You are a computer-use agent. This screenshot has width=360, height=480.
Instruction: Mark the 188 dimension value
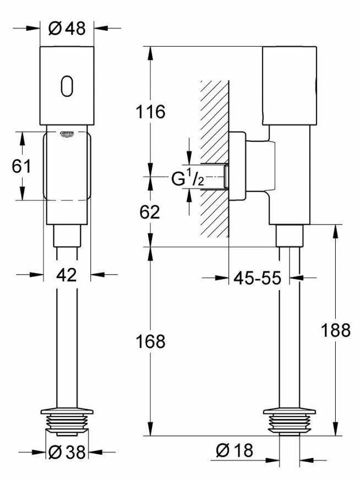pos(336,330)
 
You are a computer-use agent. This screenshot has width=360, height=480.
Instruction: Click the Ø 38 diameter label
pos(67,452)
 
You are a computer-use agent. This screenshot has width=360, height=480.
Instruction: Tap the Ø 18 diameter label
pos(234,451)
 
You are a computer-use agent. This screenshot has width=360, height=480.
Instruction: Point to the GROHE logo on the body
pos(67,134)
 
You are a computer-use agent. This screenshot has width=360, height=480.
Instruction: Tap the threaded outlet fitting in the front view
pos(67,419)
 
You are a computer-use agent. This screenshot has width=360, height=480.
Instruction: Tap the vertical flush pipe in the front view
pos(67,341)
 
